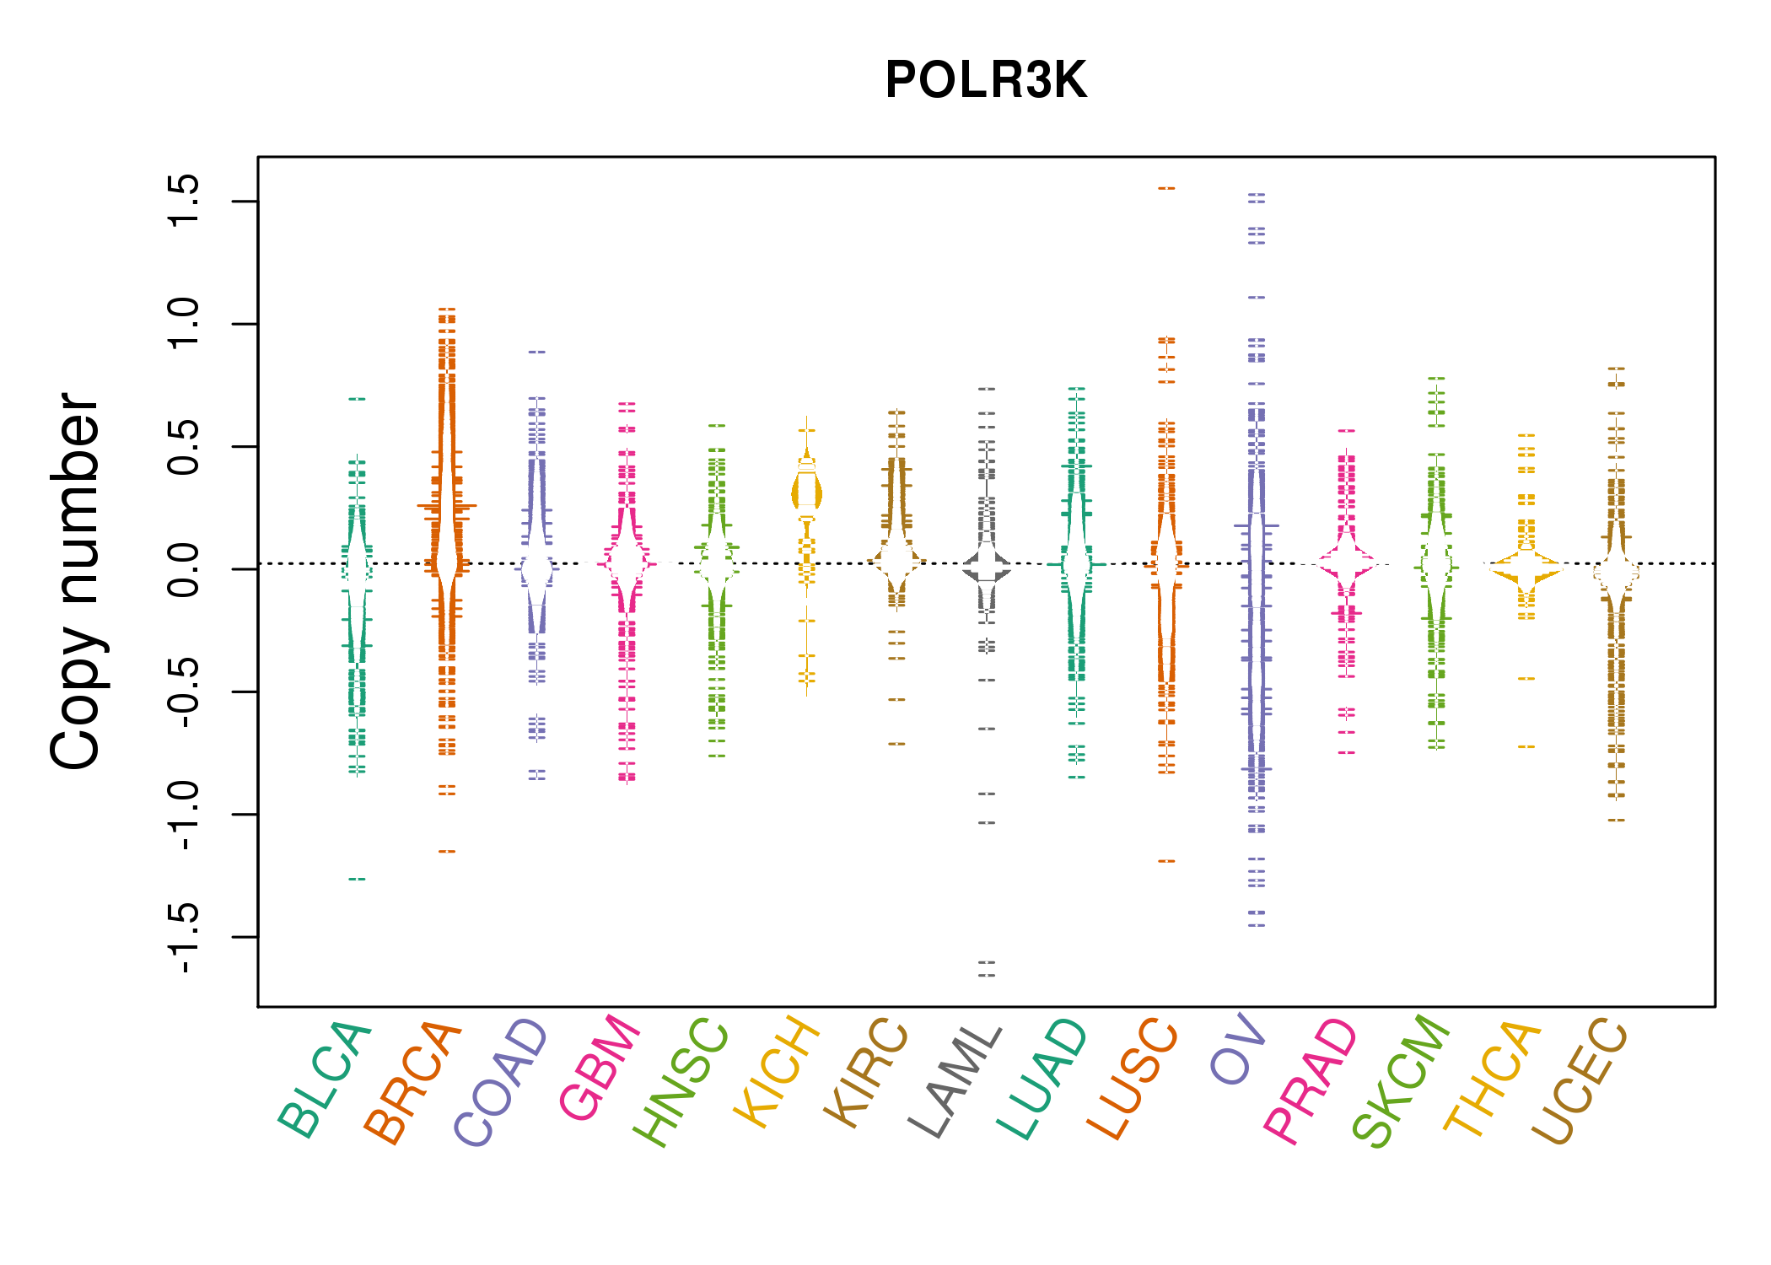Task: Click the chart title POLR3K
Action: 986,81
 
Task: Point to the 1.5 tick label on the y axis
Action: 184,201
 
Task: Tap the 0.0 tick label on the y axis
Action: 184,569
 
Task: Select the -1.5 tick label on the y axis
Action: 184,937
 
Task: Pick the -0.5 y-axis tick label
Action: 184,692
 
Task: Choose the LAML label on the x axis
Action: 955,1081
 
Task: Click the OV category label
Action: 1238,1050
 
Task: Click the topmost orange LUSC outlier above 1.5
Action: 1166,188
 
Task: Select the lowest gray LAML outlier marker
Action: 987,975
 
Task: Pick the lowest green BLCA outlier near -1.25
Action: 358,879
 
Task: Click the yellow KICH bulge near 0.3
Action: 806,493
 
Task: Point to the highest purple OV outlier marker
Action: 1257,196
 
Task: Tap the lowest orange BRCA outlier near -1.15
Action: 447,851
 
